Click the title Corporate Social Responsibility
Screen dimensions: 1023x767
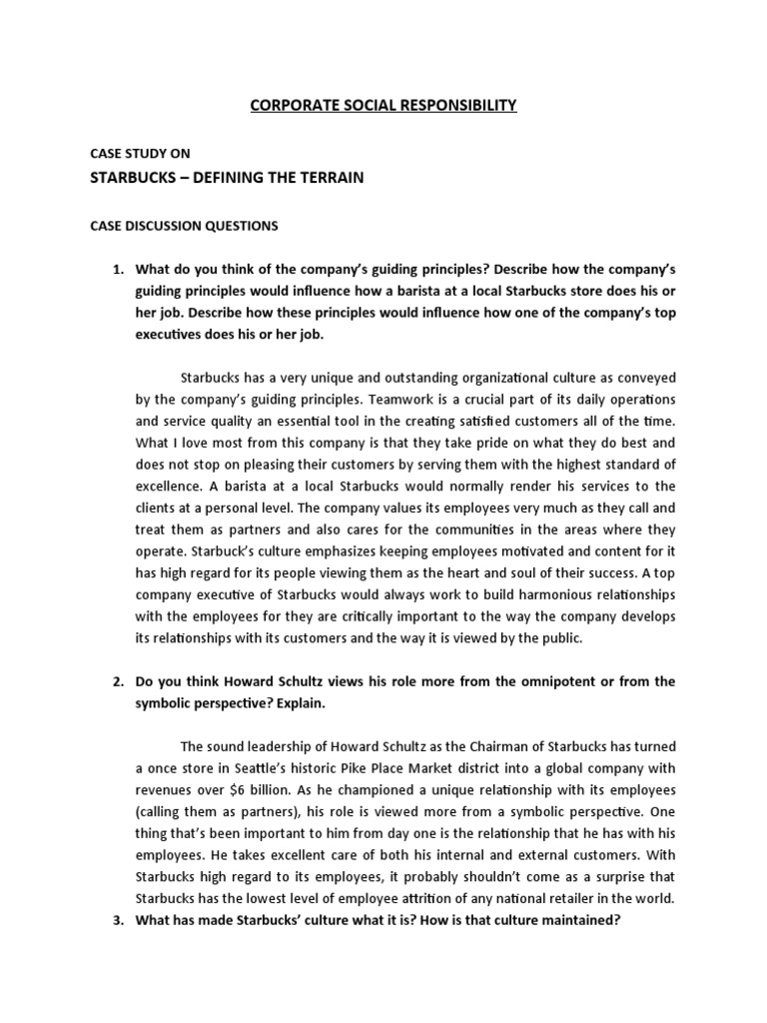tap(383, 105)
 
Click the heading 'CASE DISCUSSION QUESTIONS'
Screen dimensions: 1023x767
tap(185, 226)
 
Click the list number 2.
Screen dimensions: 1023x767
tap(117, 681)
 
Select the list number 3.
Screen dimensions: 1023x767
tap(117, 919)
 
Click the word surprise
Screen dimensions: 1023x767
tap(617, 875)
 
